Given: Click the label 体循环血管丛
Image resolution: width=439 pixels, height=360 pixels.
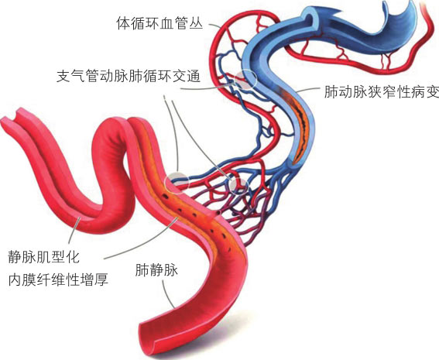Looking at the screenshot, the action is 159,23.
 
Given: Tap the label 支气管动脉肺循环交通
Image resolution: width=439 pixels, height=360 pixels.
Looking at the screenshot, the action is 129,76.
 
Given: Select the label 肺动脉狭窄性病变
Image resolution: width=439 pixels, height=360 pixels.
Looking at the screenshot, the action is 382,91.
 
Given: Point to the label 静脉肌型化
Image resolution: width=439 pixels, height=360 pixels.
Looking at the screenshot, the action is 44,257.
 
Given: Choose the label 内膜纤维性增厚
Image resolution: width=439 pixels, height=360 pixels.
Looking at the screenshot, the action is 58,279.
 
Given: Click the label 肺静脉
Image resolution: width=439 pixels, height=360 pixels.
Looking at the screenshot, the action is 156,270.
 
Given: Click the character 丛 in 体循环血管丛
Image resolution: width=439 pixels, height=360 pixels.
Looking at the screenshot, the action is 196,23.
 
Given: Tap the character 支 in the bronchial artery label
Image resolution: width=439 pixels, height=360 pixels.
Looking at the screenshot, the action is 63,76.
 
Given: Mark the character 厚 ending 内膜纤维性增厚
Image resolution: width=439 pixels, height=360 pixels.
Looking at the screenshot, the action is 101,279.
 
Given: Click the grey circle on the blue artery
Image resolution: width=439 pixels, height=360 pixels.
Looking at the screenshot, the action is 245,79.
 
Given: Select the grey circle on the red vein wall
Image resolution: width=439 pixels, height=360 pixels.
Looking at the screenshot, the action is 178,183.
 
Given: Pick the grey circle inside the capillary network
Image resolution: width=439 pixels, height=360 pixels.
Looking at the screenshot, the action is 238,185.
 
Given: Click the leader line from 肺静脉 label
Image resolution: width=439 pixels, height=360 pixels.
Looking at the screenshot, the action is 167,293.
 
